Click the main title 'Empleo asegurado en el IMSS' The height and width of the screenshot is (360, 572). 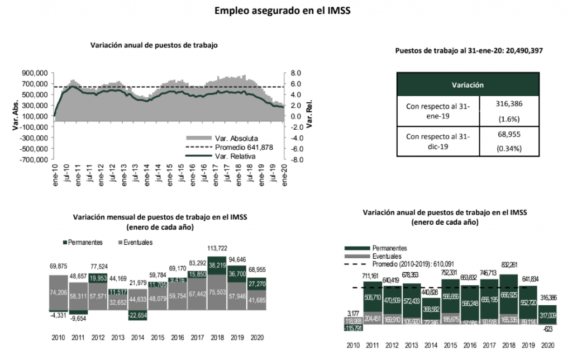tap(286, 11)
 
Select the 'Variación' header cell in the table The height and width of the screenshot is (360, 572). tap(467, 84)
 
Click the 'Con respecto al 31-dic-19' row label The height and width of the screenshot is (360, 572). tap(438, 141)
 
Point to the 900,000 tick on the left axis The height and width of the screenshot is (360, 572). tap(35, 73)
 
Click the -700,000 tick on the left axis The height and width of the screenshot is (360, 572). tap(34, 159)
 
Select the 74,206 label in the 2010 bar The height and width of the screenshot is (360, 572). tap(58, 293)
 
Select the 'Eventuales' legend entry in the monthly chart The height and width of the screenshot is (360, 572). tap(136, 243)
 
